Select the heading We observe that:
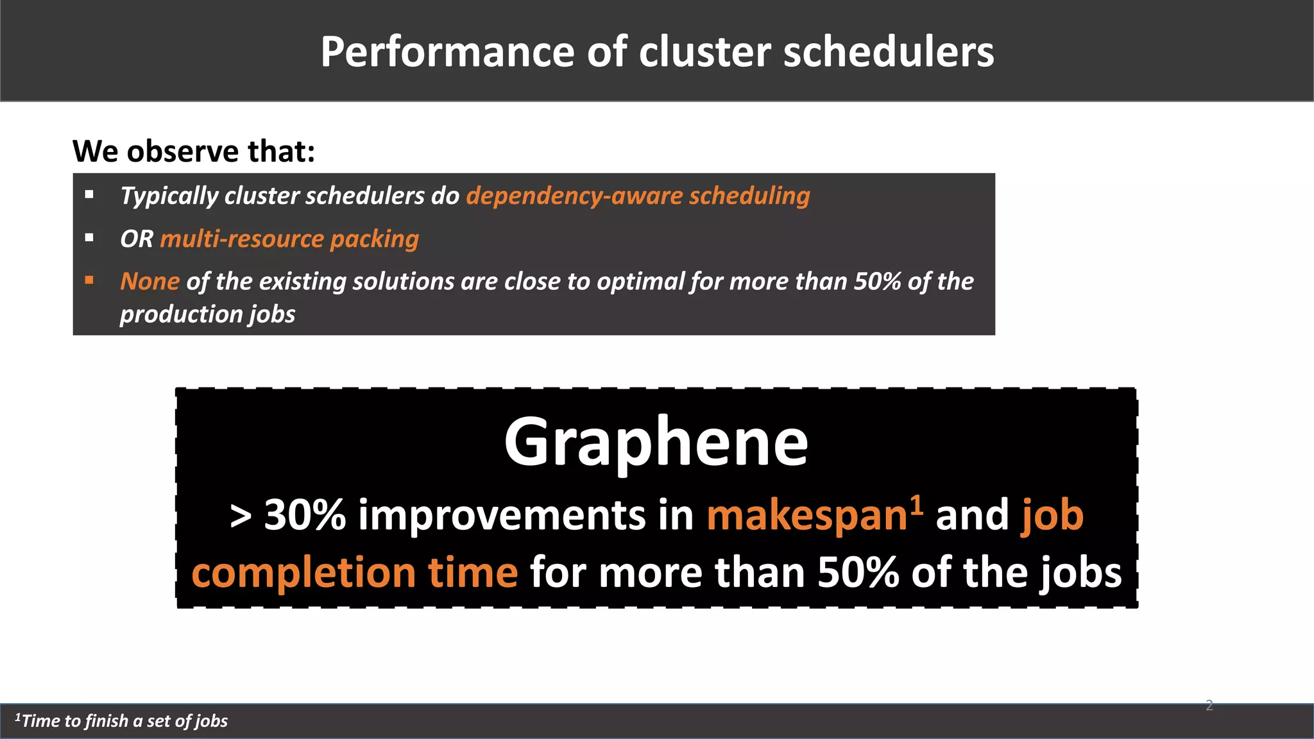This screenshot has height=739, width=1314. tap(194, 151)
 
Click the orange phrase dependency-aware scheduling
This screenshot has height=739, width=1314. tap(638, 196)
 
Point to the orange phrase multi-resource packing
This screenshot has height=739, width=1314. tap(289, 239)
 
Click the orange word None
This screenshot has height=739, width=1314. tap(149, 282)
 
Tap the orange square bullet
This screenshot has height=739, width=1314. tap(89, 280)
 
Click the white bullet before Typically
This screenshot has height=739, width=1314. tap(89, 194)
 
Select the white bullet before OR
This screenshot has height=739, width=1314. tap(89, 238)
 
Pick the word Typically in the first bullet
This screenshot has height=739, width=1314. tap(169, 196)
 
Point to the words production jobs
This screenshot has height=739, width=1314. tap(207, 314)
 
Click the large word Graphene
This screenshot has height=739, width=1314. tap(656, 442)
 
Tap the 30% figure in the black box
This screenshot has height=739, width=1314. tap(305, 514)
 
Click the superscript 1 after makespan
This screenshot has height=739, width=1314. tap(917, 504)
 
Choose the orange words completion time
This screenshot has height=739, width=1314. tap(354, 572)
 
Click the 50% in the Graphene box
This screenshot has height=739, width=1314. tap(858, 572)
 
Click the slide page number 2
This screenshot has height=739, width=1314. tap(1209, 706)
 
